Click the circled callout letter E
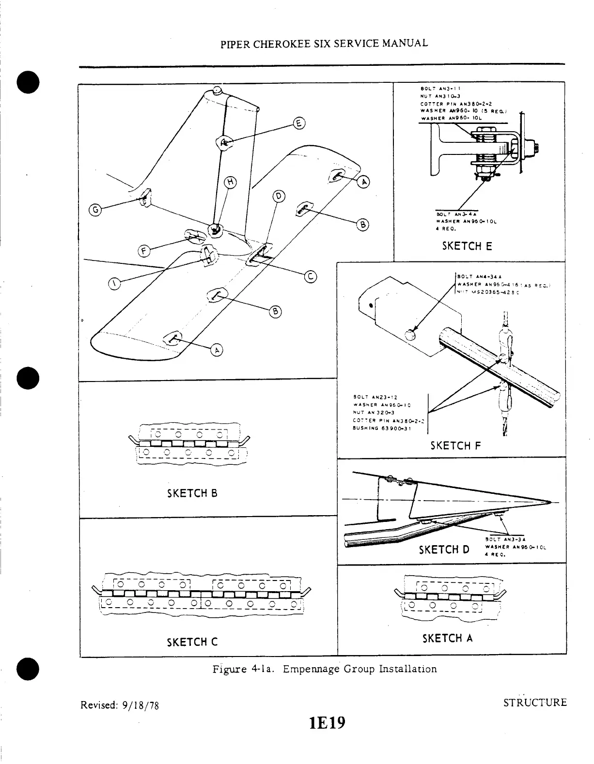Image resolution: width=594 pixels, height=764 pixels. (299, 123)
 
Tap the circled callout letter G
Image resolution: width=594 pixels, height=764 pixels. (95, 210)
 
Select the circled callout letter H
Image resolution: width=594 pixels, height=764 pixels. (231, 182)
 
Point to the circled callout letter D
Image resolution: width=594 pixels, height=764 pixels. (279, 196)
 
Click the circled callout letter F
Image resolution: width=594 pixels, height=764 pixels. (143, 251)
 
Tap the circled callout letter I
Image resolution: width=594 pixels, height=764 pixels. (114, 284)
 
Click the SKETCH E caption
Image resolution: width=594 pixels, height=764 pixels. (467, 246)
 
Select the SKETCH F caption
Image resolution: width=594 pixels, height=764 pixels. (455, 445)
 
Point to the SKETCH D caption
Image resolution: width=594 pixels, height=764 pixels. (444, 550)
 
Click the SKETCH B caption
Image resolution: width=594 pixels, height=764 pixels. (192, 493)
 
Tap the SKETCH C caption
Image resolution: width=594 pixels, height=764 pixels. (192, 642)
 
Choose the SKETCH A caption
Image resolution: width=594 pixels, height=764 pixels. (447, 638)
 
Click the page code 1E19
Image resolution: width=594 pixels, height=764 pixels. (327, 723)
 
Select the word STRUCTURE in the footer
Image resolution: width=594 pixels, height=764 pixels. (534, 702)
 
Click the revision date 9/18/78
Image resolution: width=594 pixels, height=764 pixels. (139, 705)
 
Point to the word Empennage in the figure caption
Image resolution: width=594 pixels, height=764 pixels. (311, 669)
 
